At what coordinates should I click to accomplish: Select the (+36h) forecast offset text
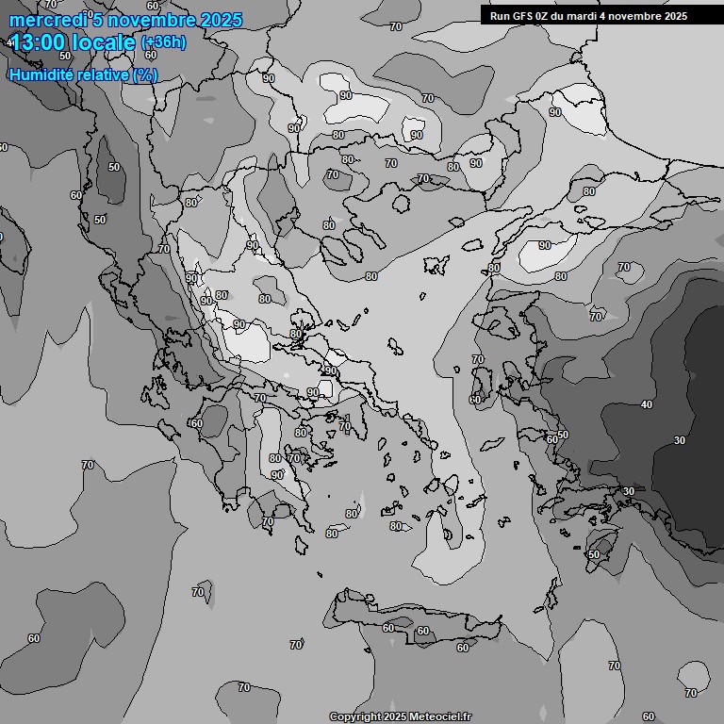coord(163,42)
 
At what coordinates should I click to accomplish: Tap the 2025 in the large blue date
coord(222,20)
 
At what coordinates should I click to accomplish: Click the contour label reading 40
coord(646,404)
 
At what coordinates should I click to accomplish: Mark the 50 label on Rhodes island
coord(593,554)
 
